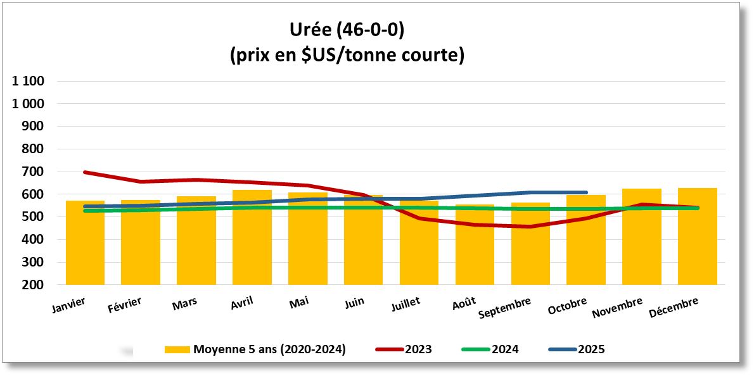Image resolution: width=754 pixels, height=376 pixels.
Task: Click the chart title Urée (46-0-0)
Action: (x=347, y=30)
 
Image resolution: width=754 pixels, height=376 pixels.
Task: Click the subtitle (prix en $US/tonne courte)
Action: (x=347, y=55)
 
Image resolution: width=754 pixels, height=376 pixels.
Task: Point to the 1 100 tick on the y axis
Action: (x=28, y=81)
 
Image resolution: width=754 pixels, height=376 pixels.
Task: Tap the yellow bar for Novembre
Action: (x=641, y=247)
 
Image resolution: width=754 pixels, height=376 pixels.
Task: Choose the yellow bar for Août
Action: (x=475, y=253)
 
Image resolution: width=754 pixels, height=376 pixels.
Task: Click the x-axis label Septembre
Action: (x=505, y=308)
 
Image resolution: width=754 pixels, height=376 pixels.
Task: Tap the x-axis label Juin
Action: (x=354, y=302)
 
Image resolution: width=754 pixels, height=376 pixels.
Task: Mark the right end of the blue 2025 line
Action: (x=586, y=192)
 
